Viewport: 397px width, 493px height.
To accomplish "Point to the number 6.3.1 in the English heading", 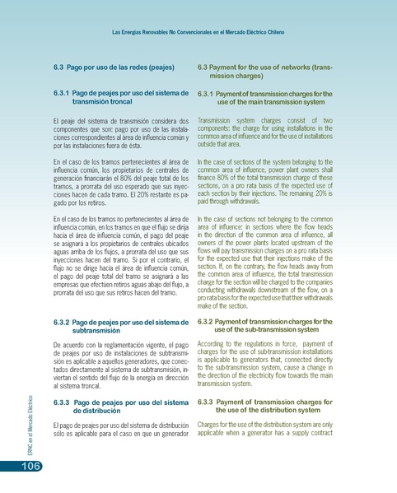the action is pos(208,94).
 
